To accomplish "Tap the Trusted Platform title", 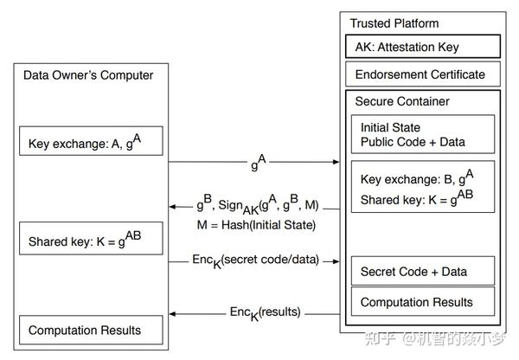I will (x=394, y=22).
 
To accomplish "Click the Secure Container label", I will (x=402, y=101).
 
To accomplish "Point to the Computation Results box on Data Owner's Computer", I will (x=91, y=330).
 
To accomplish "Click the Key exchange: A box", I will (x=91, y=141).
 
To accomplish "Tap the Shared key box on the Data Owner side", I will (x=91, y=239).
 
